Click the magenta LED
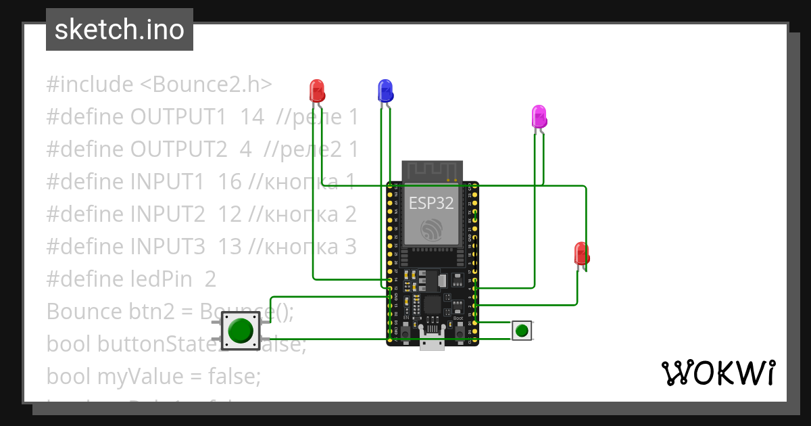click(x=539, y=116)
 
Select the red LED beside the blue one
click(x=316, y=90)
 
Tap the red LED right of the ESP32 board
click(x=581, y=253)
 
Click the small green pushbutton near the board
click(x=522, y=331)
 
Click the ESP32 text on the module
click(x=431, y=204)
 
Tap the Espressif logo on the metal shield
click(x=431, y=229)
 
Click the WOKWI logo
click(x=718, y=373)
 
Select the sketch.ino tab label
click(x=120, y=30)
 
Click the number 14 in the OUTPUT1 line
click(x=252, y=117)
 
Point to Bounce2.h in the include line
click(x=206, y=85)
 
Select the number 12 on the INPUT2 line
click(x=230, y=214)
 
